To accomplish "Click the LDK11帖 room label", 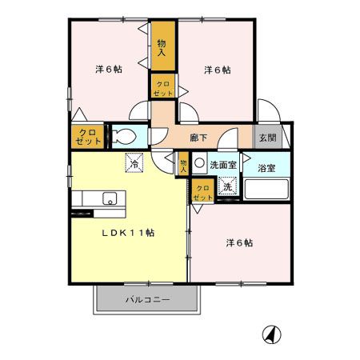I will [127, 234].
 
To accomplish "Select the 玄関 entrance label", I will [267, 138].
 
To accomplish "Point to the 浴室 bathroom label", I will [266, 168].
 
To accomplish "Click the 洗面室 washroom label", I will [222, 165].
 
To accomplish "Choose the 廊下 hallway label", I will [200, 138].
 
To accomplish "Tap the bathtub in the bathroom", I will [267, 190].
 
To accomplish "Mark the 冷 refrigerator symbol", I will [134, 162].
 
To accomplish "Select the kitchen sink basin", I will [109, 198].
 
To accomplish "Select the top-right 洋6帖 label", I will [217, 70].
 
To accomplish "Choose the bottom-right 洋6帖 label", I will [238, 242].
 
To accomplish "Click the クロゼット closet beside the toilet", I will [87, 136].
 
